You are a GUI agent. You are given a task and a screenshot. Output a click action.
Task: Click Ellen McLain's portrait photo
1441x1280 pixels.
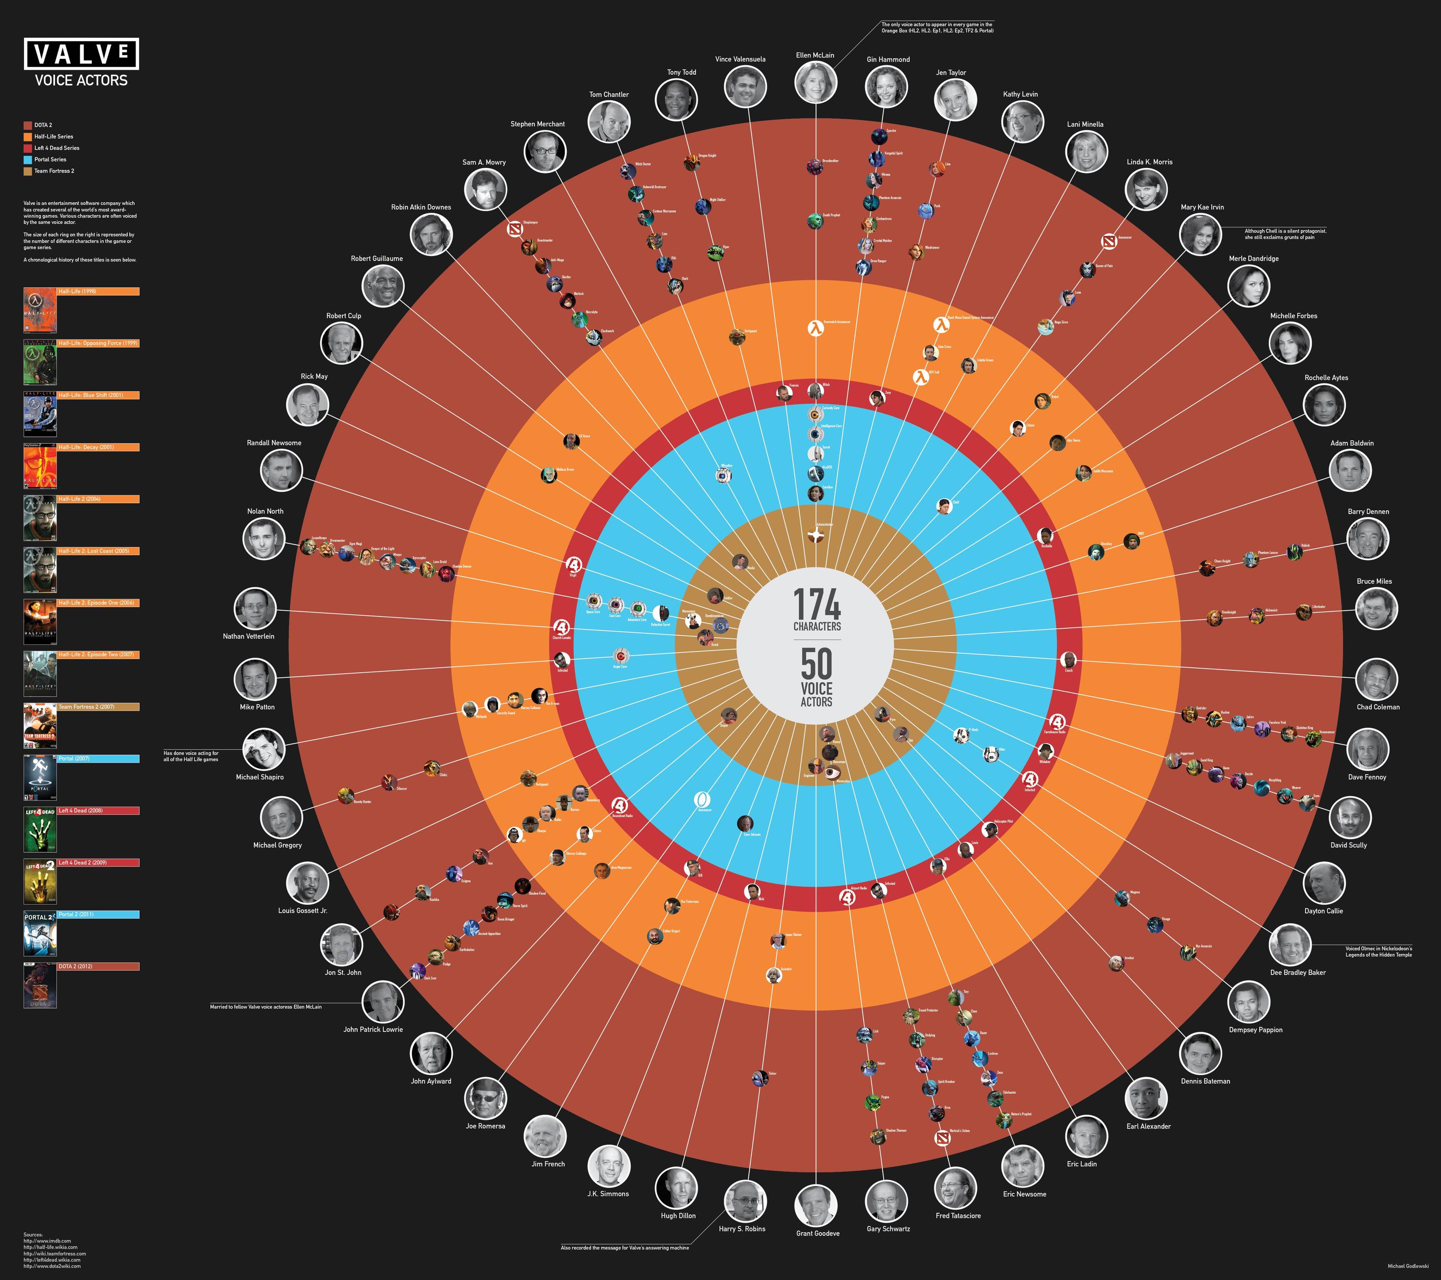point(816,83)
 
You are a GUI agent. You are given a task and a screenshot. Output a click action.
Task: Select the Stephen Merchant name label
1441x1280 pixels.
point(537,124)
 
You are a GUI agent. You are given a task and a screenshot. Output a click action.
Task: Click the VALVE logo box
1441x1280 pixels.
point(82,54)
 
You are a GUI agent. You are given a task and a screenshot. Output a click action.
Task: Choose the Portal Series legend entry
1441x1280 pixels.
point(50,159)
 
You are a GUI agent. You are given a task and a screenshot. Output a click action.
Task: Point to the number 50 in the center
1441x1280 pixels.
point(816,664)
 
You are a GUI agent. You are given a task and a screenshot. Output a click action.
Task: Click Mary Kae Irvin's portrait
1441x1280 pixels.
point(1200,234)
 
